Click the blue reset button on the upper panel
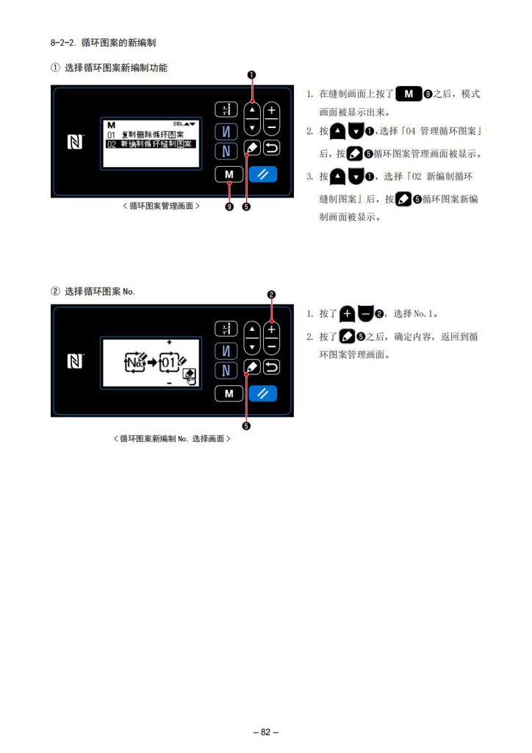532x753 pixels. click(x=263, y=174)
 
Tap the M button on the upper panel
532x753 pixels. click(x=229, y=174)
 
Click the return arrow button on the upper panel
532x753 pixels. click(x=272, y=148)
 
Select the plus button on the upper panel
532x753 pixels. click(x=272, y=110)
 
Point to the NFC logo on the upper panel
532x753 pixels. click(x=75, y=142)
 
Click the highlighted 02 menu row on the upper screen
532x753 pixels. click(x=151, y=143)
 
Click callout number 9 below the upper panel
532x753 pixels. click(x=229, y=207)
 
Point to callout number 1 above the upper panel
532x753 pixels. click(x=251, y=75)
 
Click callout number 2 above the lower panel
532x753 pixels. click(x=272, y=294)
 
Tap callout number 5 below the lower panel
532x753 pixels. click(x=246, y=426)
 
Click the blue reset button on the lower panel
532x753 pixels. click(x=263, y=393)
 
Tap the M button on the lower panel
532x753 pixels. click(x=229, y=393)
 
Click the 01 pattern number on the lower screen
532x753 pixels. click(x=168, y=363)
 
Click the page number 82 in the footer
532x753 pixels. click(x=266, y=732)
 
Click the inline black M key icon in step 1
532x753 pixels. click(x=409, y=93)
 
